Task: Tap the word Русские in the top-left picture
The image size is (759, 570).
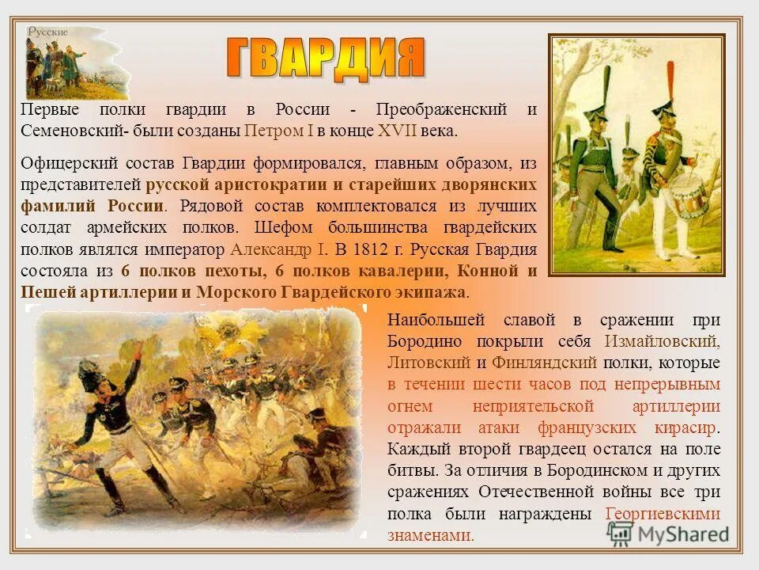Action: pos(48,32)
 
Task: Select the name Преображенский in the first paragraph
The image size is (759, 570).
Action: pos(444,109)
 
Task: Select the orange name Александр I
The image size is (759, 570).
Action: pos(278,249)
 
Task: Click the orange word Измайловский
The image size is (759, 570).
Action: pos(663,342)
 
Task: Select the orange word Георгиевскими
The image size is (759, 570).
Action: pos(663,513)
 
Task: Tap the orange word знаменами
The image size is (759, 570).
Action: pos(430,534)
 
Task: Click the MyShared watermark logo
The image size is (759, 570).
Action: pos(669,533)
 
